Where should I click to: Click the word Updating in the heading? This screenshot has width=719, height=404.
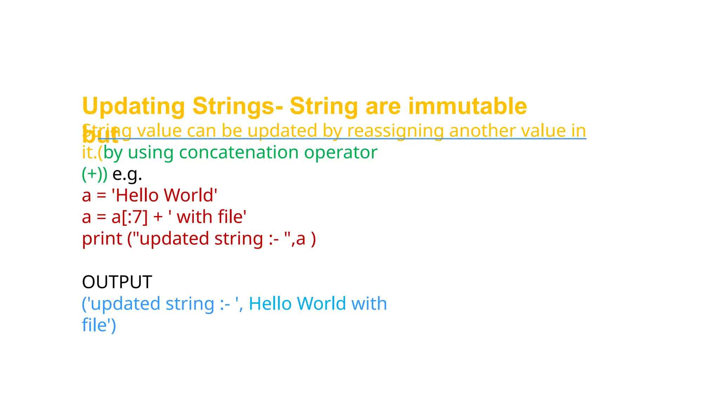click(x=133, y=106)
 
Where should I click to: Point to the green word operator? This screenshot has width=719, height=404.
click(x=341, y=153)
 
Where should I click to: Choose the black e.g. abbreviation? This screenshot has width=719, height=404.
click(x=127, y=174)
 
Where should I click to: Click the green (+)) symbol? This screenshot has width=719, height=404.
click(x=94, y=174)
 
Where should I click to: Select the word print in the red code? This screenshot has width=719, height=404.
click(x=102, y=239)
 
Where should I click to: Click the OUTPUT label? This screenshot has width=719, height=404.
click(x=117, y=282)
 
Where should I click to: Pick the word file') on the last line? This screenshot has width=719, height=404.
click(x=99, y=325)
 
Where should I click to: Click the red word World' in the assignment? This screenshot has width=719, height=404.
click(x=191, y=195)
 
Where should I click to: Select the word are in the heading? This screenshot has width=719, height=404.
click(x=383, y=106)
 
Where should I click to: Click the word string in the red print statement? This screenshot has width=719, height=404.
click(x=239, y=239)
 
